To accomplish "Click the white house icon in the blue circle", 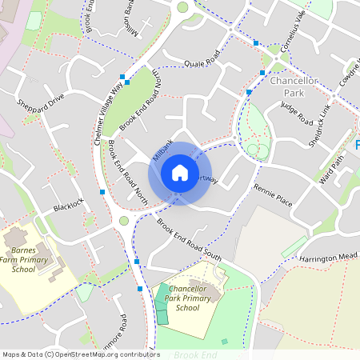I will click(x=180, y=173).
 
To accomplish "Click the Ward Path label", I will click(x=332, y=169).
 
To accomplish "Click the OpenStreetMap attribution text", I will click(x=80, y=354).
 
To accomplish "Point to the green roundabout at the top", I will click(x=183, y=7).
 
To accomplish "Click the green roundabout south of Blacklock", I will click(x=123, y=221).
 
